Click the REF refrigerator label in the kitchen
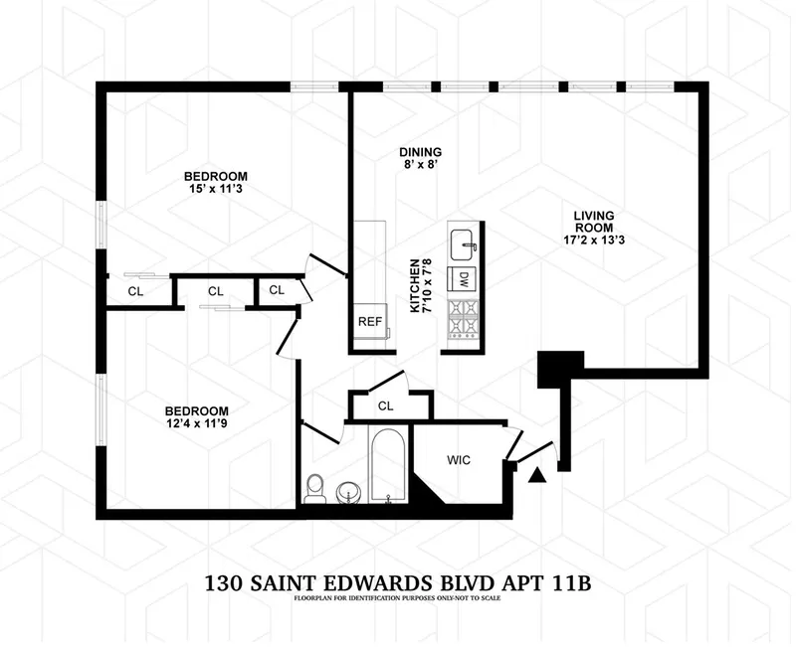pyautogui.click(x=368, y=322)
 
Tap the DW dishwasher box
pyautogui.click(x=463, y=279)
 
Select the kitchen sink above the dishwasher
pyautogui.click(x=463, y=242)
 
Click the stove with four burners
pyautogui.click(x=463, y=318)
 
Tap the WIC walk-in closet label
pyautogui.click(x=458, y=460)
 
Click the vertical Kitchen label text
pyautogui.click(x=421, y=286)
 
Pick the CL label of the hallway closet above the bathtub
pyautogui.click(x=386, y=405)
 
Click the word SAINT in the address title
pyautogui.click(x=283, y=581)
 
